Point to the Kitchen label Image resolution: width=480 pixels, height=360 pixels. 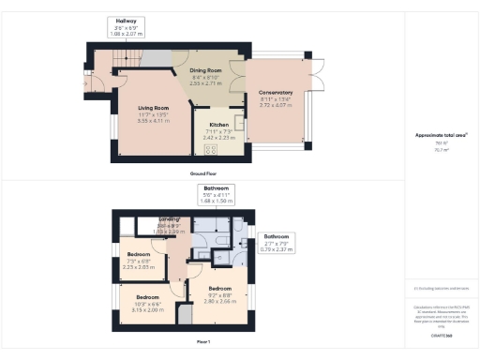point(218,125)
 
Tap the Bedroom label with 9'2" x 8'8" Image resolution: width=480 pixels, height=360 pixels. point(220,288)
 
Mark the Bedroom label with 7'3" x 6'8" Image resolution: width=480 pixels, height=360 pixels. point(139,254)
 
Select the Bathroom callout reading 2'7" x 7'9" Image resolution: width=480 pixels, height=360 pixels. point(275,236)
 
